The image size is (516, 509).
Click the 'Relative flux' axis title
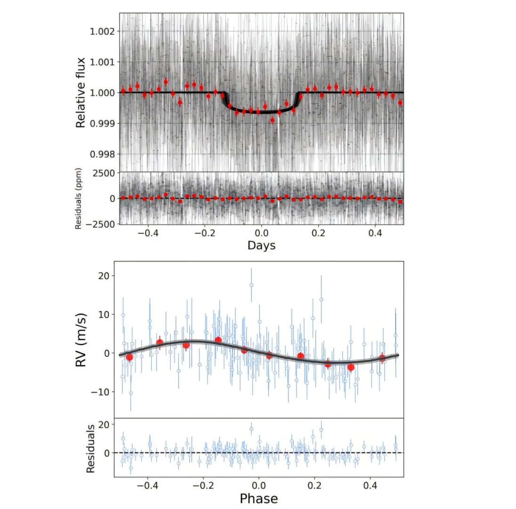pos(81,92)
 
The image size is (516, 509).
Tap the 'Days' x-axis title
pos(261,246)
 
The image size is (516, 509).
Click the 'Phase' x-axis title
pos(258,498)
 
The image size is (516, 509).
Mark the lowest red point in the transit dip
pos(272,120)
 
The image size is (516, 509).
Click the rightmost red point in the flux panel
pos(400,102)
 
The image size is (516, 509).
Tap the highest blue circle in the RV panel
pos(251,285)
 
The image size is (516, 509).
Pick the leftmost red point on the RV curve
pos(129,357)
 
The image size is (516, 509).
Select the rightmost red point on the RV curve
pos(382,358)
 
